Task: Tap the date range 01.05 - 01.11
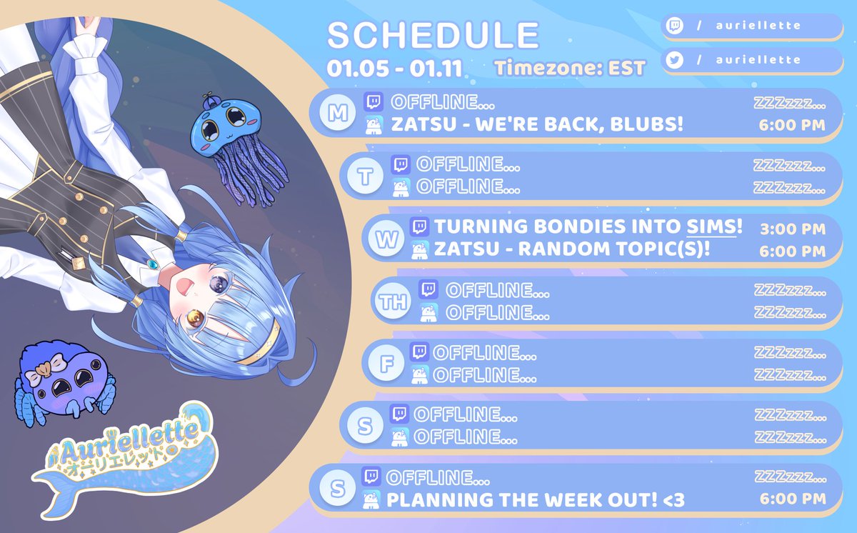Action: (x=395, y=69)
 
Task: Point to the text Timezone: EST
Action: (x=569, y=69)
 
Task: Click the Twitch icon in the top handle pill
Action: (x=673, y=26)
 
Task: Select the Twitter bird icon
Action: (x=673, y=61)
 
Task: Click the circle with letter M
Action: (x=334, y=114)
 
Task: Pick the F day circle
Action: (x=386, y=364)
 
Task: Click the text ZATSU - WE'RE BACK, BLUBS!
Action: (x=537, y=125)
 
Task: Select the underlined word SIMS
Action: (x=714, y=228)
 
